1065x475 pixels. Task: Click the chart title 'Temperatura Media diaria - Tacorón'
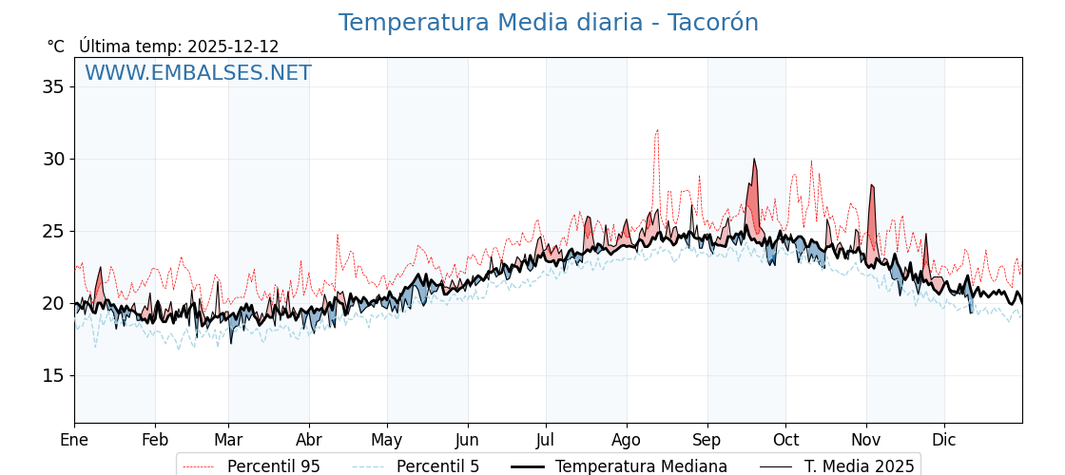click(549, 23)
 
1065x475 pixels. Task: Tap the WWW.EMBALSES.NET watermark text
click(198, 73)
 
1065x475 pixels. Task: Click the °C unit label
click(55, 47)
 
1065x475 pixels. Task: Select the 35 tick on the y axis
click(53, 86)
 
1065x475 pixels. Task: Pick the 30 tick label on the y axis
click(53, 159)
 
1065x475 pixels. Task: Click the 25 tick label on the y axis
click(53, 231)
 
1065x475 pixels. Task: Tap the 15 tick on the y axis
click(53, 375)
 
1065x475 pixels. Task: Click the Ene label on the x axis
click(74, 440)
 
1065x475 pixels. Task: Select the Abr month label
click(309, 440)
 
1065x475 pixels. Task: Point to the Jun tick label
click(467, 440)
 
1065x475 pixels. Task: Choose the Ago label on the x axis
click(627, 440)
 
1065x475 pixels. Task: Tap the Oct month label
click(785, 440)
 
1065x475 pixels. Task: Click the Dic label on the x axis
click(944, 440)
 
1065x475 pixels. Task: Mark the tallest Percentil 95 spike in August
click(656, 131)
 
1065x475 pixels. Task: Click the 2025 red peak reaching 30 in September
click(754, 161)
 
